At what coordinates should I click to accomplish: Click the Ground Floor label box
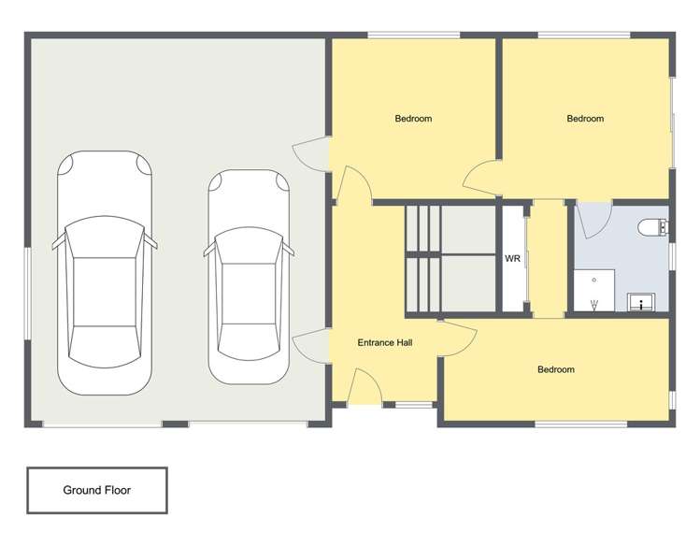coord(97,490)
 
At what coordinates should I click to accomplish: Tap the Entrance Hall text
coord(385,343)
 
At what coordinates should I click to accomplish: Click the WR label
coord(512,259)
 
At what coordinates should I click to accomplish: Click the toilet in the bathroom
coord(651,227)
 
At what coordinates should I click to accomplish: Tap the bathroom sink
coord(641,301)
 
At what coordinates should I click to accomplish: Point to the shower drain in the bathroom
coord(594,279)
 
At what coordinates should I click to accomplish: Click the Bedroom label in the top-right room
coord(586,119)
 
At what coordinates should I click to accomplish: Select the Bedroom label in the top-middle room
coord(413,119)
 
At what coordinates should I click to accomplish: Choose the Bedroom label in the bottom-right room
coord(556,369)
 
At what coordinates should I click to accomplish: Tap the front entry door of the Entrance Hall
coord(364,386)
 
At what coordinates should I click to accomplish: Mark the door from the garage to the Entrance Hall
coord(311,348)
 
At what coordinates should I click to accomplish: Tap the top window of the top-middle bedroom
coord(413,36)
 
